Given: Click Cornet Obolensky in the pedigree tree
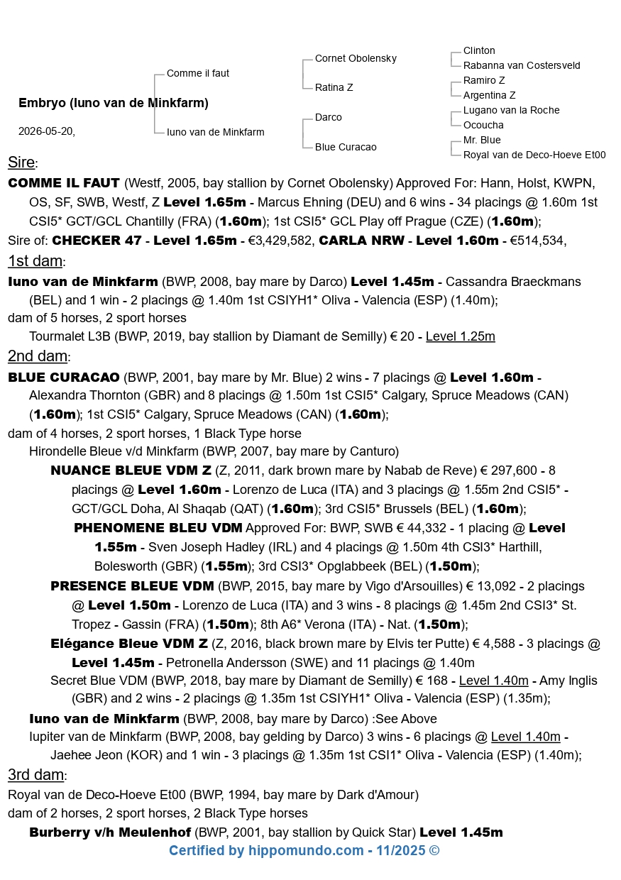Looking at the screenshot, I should point(356,58).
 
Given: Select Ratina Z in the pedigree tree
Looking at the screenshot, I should point(334,87).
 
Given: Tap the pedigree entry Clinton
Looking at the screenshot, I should point(479,50).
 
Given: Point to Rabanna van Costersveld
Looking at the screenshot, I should point(522,65).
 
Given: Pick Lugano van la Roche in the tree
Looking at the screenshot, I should point(511,110).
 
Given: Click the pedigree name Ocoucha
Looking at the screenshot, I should point(483,125).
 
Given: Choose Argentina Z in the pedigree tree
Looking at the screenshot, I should point(489,95).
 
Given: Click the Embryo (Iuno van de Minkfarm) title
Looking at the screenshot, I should point(114,103).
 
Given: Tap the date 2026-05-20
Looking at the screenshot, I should point(46,131).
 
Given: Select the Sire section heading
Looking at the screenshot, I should point(21,163).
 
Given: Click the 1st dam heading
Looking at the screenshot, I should point(35,260).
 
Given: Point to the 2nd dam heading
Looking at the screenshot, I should point(37,356).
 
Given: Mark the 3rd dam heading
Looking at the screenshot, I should point(36,774).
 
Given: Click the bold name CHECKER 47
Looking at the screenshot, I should point(97,241).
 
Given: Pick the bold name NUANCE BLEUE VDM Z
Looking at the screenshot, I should point(131,471).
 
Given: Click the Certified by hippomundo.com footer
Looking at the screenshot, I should point(304,850).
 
